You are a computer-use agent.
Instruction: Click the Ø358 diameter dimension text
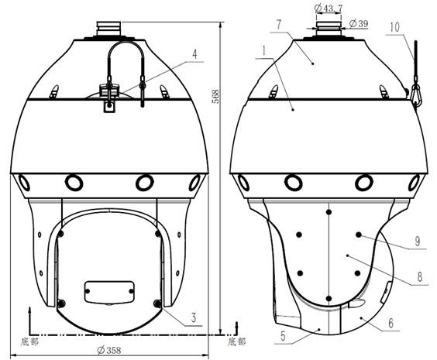click(x=109, y=350)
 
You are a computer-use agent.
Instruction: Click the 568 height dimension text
click(x=215, y=97)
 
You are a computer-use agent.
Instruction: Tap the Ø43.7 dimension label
click(x=329, y=9)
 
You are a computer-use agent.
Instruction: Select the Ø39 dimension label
click(x=359, y=24)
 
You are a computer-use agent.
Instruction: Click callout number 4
click(x=194, y=54)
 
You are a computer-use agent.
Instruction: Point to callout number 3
click(x=194, y=317)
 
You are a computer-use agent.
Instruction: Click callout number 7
click(x=279, y=25)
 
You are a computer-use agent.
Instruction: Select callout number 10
click(x=394, y=27)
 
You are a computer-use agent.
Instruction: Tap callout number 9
click(x=417, y=242)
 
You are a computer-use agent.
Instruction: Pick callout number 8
click(x=420, y=277)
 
